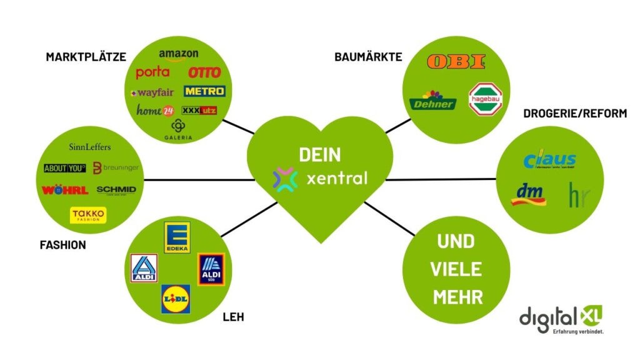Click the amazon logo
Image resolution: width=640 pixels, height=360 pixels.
click(x=178, y=56)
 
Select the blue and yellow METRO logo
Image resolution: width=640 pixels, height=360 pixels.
click(x=204, y=91)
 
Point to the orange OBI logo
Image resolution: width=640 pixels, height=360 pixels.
click(x=456, y=62)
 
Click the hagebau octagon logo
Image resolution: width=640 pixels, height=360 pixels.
click(x=486, y=99)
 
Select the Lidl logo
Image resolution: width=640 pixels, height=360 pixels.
click(x=176, y=299)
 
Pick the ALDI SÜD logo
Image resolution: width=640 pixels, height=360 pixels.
click(x=211, y=269)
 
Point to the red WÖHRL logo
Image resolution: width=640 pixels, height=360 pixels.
click(x=65, y=190)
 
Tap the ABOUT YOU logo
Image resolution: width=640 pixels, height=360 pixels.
click(x=64, y=168)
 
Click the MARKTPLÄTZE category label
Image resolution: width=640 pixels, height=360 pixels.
click(x=86, y=57)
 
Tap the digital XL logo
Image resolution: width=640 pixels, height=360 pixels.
click(x=561, y=319)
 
